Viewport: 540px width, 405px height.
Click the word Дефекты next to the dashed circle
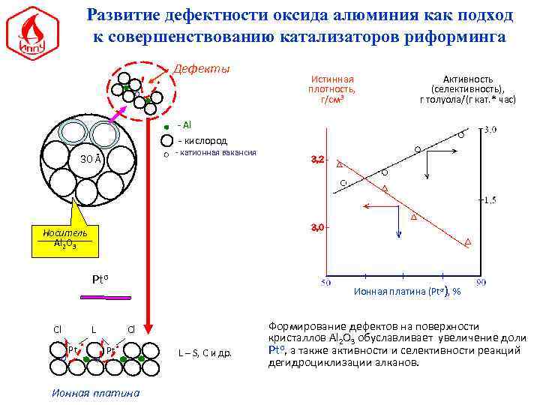[x=202, y=69]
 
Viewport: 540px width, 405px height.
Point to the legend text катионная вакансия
[x=218, y=152]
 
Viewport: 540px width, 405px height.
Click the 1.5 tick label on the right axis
[x=491, y=199]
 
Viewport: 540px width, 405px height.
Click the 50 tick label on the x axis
[x=327, y=283]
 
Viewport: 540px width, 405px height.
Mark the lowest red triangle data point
[x=468, y=242]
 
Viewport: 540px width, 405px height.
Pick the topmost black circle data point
[x=461, y=136]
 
